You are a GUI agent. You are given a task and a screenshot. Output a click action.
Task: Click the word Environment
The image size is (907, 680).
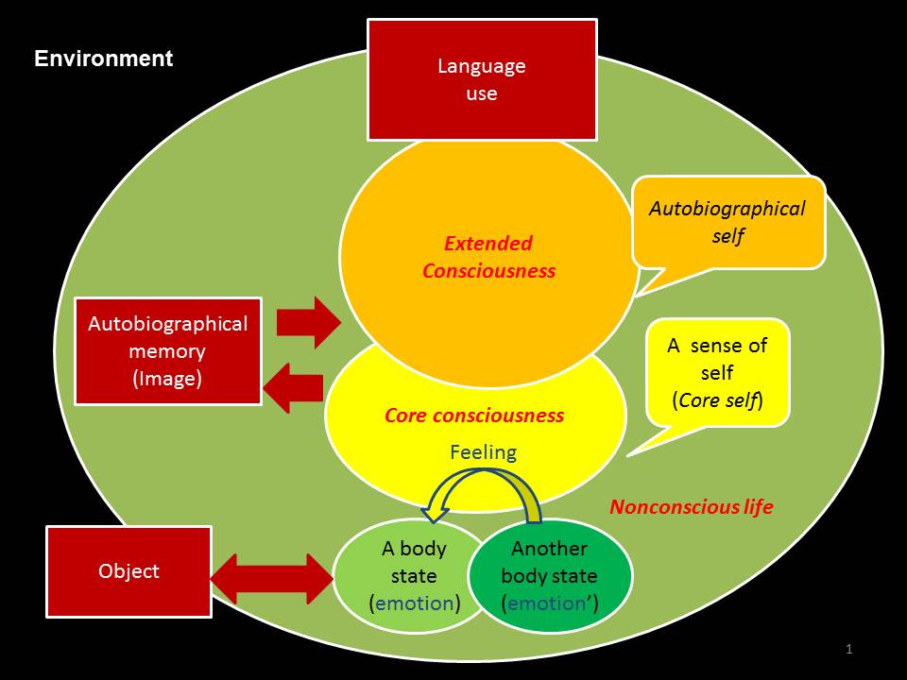pos(104,59)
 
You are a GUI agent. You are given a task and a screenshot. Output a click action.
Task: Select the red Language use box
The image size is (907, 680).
pos(482,80)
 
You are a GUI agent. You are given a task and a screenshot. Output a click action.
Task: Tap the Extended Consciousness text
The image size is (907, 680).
pos(488,257)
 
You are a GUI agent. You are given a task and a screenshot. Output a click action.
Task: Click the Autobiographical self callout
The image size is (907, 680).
pos(727,222)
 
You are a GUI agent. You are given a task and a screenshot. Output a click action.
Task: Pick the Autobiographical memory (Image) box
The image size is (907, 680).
pos(168,351)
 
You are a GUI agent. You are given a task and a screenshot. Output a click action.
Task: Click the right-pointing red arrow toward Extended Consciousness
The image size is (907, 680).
pos(308,322)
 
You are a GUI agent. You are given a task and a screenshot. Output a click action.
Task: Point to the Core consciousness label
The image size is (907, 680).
pos(474,416)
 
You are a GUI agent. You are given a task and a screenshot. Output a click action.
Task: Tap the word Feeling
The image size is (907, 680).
pos(483,452)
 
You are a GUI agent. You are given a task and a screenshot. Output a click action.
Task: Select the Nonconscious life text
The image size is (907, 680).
pos(691,507)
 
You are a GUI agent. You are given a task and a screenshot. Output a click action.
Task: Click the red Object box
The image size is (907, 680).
pos(129,571)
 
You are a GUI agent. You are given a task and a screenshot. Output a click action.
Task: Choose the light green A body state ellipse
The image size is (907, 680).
pos(402,575)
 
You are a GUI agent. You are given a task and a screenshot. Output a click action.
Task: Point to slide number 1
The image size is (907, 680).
pos(849,649)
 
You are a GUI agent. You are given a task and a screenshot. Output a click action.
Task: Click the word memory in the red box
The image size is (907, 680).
pos(168,351)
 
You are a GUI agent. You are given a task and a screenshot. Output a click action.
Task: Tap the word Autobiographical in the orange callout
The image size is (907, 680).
pos(727,209)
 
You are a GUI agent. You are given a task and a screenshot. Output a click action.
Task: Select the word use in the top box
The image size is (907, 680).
pos(482,94)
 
